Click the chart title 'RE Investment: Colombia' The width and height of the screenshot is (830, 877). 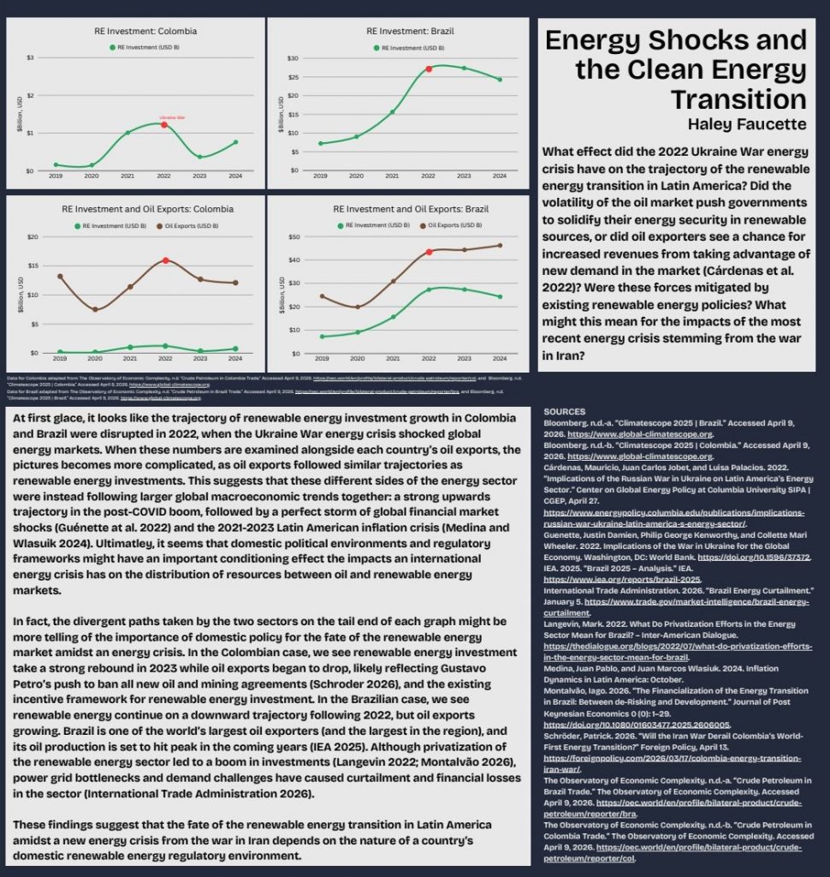click(x=145, y=31)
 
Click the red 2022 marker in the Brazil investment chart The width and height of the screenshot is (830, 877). click(x=429, y=69)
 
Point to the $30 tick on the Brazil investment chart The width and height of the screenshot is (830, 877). click(x=293, y=57)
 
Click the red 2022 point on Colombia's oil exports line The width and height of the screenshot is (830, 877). click(x=165, y=260)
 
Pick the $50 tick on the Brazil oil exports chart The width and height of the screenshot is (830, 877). click(x=294, y=236)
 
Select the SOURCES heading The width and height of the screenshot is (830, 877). click(x=565, y=412)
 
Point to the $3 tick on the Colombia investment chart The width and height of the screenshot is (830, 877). click(x=31, y=57)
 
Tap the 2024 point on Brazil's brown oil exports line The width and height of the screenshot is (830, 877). click(x=500, y=245)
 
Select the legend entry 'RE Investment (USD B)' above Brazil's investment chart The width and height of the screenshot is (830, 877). click(x=406, y=47)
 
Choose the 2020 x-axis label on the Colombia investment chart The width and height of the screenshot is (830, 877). click(x=92, y=176)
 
